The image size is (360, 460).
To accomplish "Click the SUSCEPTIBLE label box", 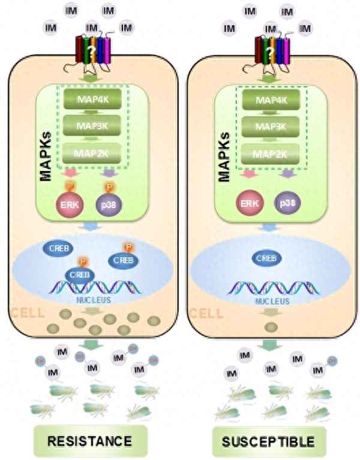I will coord(268,442).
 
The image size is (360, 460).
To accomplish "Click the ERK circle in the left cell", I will coord(68,202).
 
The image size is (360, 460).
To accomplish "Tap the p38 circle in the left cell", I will coord(107,202).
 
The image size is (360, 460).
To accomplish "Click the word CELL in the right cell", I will coord(206,313).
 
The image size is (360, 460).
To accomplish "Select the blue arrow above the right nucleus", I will coord(269,227).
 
